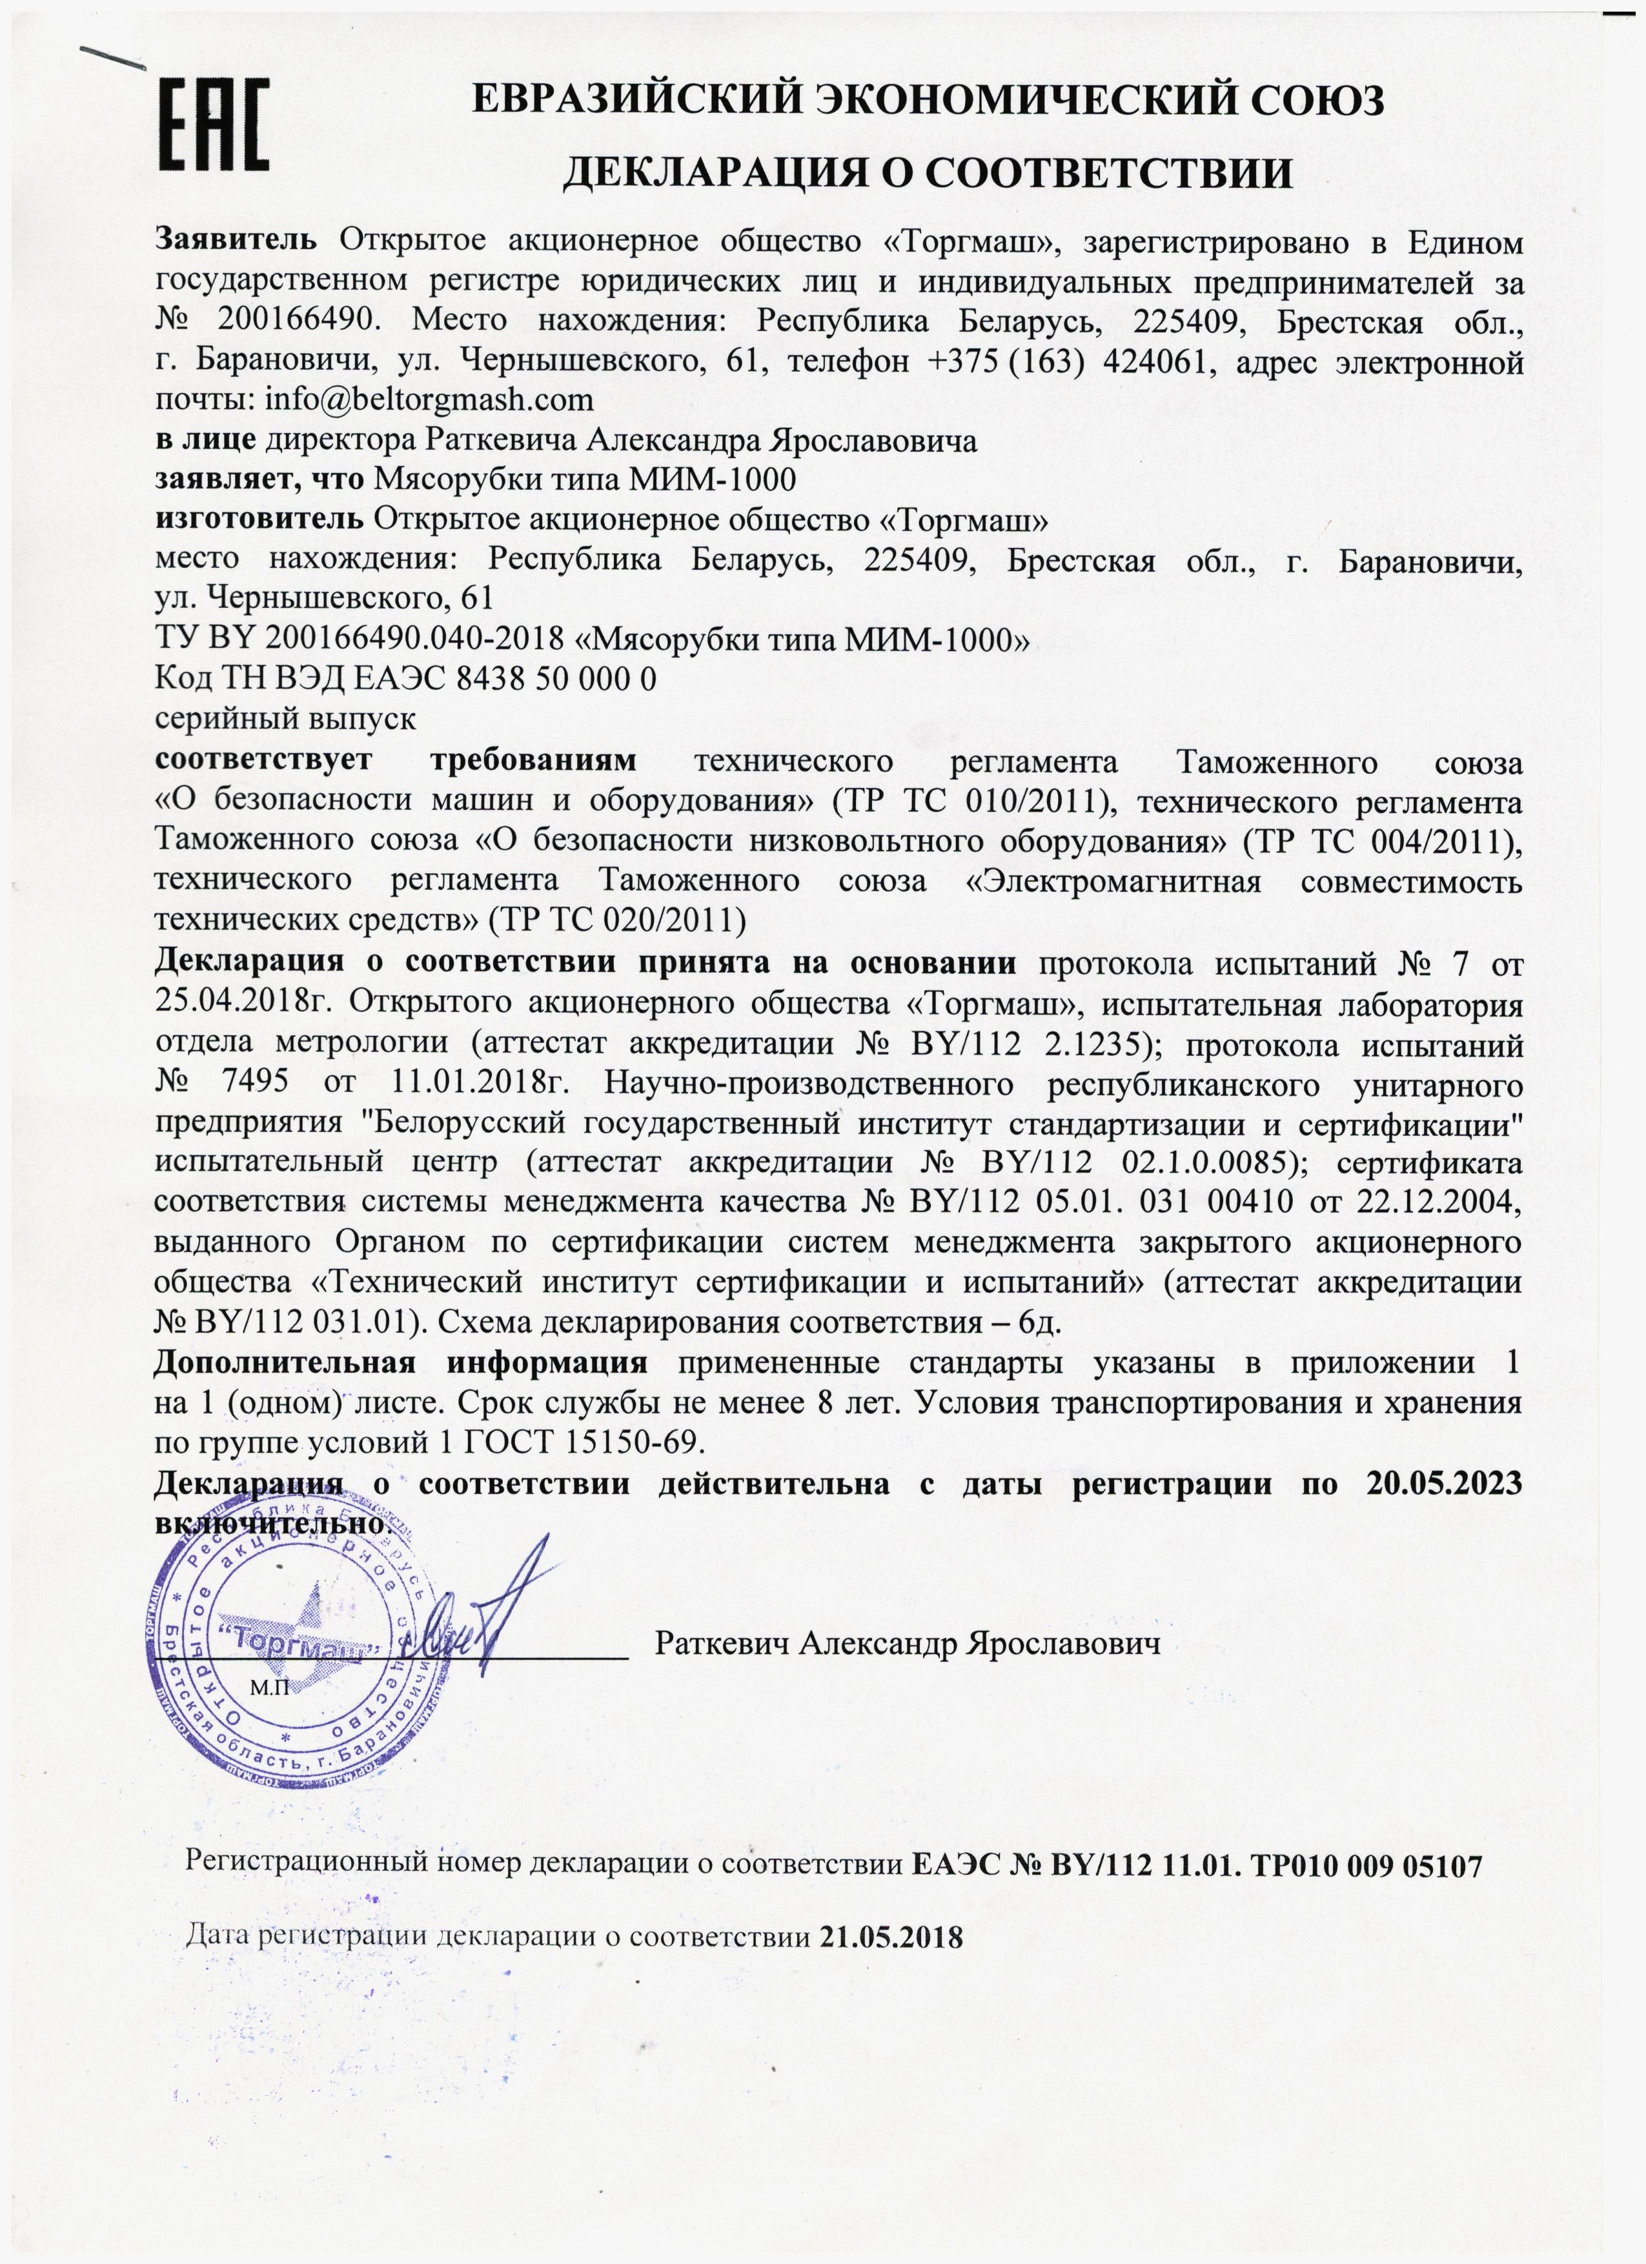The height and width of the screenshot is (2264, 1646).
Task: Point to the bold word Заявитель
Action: [x=236, y=241]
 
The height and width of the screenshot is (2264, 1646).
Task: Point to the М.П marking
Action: [x=269, y=1689]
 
